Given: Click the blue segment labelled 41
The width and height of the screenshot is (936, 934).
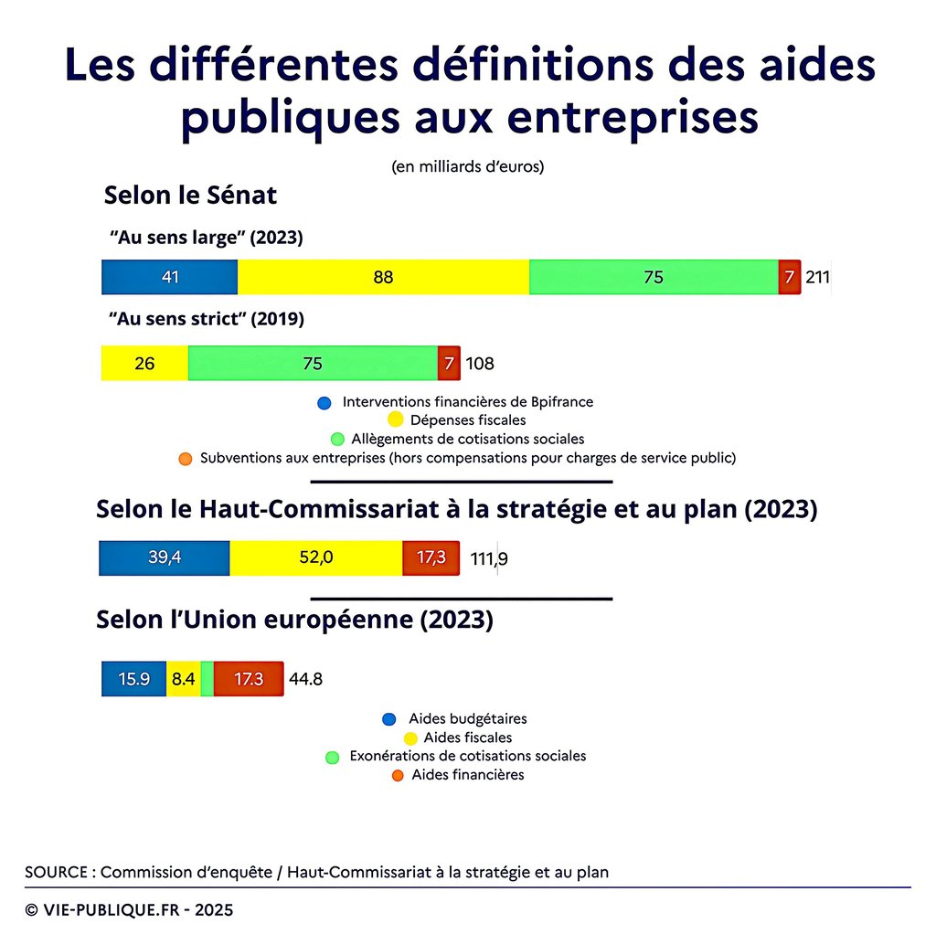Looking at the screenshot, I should click(x=169, y=277).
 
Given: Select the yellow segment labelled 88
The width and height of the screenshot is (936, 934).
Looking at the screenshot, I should click(x=383, y=277).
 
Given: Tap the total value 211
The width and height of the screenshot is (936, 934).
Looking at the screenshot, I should click(x=817, y=277).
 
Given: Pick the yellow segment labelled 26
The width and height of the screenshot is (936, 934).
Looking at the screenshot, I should click(x=144, y=363).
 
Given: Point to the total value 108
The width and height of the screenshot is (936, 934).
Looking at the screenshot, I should click(x=480, y=364).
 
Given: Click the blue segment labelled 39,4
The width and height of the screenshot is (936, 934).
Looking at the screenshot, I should click(x=165, y=558).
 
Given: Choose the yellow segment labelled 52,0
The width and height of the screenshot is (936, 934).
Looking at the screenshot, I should click(x=315, y=558).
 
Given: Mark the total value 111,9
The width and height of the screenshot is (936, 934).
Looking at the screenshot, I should click(x=489, y=559).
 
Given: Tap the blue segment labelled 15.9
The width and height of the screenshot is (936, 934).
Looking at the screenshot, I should click(x=134, y=679).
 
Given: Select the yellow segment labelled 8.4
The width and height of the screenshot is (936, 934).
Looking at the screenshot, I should click(x=183, y=679).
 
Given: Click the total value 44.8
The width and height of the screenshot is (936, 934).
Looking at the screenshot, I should click(x=305, y=679).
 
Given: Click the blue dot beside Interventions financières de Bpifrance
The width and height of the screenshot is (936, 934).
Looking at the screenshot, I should click(x=324, y=402).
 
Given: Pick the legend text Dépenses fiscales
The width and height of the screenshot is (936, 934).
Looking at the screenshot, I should click(x=468, y=420).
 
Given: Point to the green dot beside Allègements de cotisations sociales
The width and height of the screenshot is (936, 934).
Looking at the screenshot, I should click(x=338, y=440).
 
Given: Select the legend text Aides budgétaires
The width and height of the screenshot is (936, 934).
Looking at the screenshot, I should click(x=467, y=719).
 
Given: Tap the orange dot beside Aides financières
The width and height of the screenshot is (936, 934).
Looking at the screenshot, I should click(x=398, y=776).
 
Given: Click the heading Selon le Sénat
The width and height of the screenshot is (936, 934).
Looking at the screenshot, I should click(x=190, y=196).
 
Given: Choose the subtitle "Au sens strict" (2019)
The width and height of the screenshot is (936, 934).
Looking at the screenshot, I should click(x=207, y=320).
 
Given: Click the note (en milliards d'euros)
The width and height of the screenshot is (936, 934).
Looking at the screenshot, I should click(x=467, y=167).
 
